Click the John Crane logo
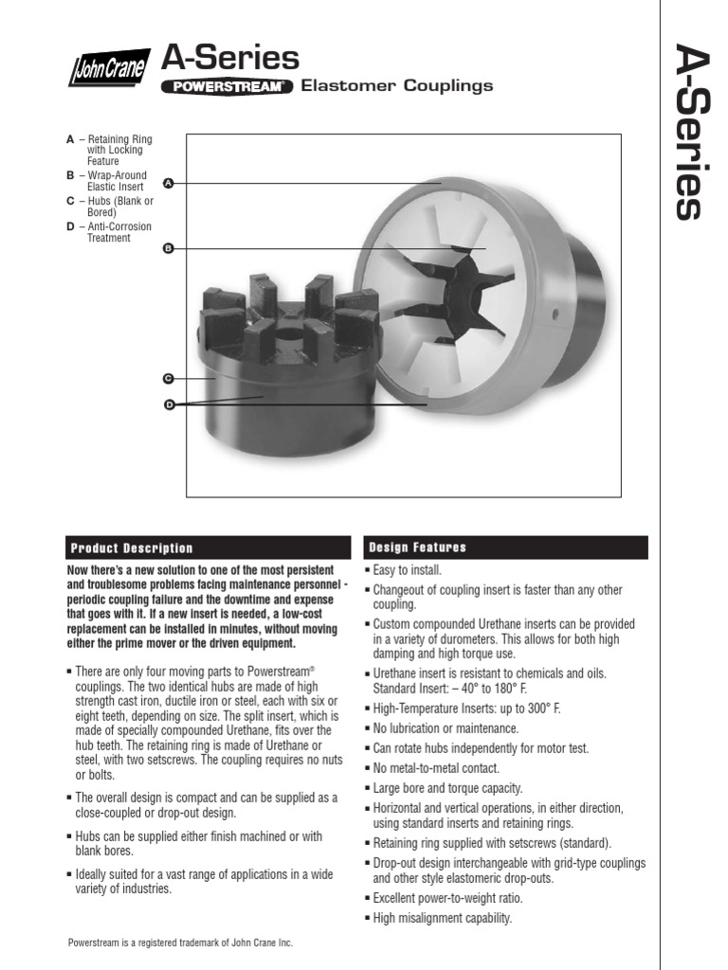106,68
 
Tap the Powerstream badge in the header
227,86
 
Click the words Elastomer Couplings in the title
396,86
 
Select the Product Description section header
130,548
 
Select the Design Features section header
418,548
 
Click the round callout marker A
169,182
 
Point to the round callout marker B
169,248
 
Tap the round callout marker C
169,378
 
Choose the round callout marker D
170,404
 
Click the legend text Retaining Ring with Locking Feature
114,150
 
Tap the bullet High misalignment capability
441,918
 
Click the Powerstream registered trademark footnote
187,943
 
